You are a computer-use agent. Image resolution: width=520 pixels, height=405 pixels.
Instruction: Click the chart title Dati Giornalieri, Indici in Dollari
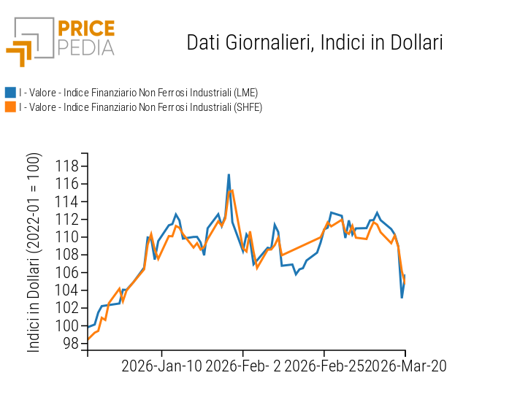pos(315,42)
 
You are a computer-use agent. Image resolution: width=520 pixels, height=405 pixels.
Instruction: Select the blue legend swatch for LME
pos(10,93)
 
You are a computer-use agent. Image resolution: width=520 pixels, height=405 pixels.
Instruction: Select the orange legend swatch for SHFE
pos(10,107)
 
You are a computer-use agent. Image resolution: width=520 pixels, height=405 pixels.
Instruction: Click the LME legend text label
pos(139,93)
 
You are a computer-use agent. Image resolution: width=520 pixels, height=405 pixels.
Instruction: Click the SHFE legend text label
pos(140,107)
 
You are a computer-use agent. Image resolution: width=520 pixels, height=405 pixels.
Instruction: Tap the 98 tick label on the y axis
pos(70,344)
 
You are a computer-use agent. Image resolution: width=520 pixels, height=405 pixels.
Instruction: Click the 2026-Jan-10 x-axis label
pos(161,366)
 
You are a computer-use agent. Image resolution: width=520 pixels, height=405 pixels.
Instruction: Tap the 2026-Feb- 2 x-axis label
pos(242,366)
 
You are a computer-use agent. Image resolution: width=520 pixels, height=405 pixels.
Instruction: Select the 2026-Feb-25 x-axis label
pos(324,366)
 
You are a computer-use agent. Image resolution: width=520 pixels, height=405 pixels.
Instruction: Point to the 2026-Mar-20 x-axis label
pos(406,366)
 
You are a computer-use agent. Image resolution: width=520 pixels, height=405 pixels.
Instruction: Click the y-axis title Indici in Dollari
pos(34,252)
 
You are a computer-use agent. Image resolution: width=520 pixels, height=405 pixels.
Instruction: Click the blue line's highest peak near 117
pos(229,175)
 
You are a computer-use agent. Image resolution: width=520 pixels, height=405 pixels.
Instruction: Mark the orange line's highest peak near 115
pos(232,190)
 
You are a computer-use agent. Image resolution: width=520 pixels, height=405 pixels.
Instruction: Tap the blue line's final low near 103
pos(402,297)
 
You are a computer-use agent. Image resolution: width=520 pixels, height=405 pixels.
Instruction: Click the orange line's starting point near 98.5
pos(88,339)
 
